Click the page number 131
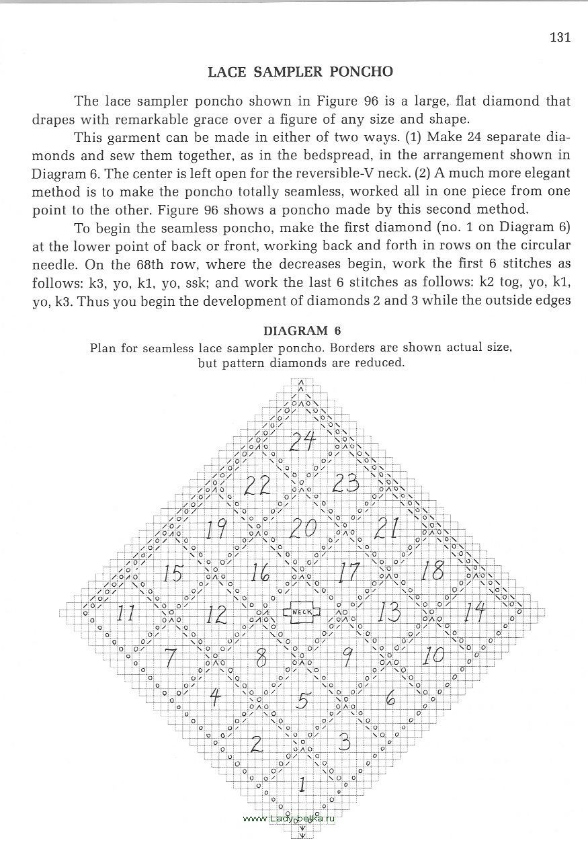[559, 37]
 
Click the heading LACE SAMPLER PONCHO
[300, 71]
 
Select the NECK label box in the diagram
[302, 612]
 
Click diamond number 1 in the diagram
[302, 783]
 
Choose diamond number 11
[126, 613]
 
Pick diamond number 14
[474, 612]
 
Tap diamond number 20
[302, 528]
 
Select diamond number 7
[171, 655]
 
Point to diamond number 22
[257, 485]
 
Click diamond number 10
[434, 655]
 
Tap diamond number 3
[345, 743]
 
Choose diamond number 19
[215, 530]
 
